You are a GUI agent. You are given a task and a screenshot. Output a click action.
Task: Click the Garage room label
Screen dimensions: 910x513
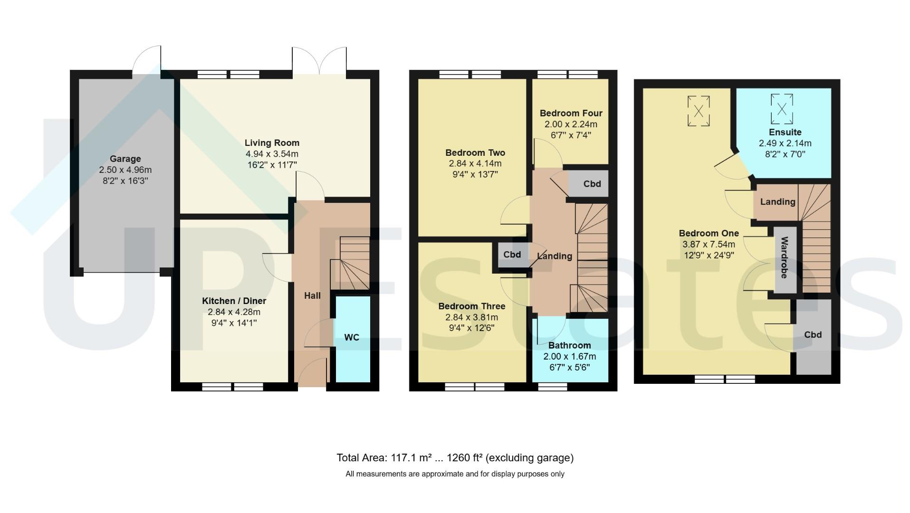(125, 159)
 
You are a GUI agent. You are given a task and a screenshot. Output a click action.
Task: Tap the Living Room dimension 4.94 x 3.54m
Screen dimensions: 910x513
(272, 154)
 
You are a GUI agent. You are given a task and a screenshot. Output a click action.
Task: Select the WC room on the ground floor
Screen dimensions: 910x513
(353, 339)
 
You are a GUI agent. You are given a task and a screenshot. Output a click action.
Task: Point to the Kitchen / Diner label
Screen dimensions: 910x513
(234, 301)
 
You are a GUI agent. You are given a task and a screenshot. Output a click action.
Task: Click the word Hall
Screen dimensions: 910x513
(312, 295)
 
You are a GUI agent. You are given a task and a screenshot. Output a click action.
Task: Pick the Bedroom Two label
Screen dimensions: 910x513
(475, 152)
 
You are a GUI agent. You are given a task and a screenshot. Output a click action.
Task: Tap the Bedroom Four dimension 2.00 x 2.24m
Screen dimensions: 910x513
(571, 124)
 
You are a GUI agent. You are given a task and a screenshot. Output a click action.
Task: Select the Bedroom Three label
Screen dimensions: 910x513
(472, 306)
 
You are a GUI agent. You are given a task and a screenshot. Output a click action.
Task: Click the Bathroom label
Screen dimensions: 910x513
(570, 345)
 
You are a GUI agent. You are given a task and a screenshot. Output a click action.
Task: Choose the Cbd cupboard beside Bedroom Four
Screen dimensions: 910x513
(588, 184)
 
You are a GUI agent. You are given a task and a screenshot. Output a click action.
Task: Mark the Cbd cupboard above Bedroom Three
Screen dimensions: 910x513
(512, 255)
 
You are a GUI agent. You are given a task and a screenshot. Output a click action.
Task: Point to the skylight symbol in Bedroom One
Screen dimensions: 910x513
(699, 111)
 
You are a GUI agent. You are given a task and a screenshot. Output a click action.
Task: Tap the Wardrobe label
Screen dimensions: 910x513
(785, 257)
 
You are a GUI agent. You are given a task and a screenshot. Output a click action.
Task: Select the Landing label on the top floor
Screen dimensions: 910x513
(777, 202)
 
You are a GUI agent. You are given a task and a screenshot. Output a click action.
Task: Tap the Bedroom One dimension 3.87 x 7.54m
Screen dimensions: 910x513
(709, 244)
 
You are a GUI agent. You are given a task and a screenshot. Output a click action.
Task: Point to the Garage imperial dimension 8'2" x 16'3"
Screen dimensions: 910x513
(125, 181)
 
